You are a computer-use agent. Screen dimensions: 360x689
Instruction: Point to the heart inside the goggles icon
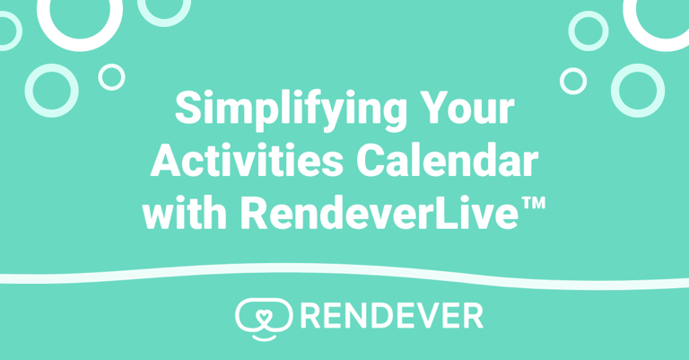[264, 313]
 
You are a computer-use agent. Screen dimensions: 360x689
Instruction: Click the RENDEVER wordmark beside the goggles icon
[391, 314]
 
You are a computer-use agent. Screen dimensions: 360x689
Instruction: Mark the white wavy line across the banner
[344, 273]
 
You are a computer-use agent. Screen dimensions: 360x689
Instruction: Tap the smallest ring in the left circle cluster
[111, 76]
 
